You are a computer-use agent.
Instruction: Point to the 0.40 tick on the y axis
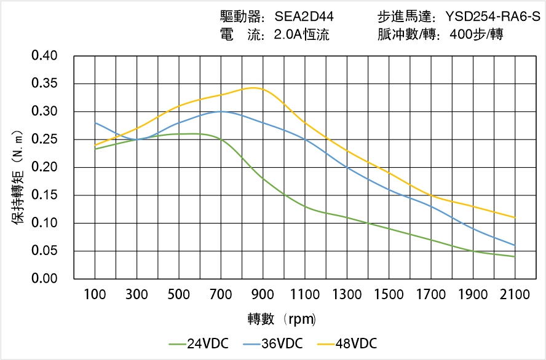44,56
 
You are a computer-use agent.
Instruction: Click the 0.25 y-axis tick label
44,139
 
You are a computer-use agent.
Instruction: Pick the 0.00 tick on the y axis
44,279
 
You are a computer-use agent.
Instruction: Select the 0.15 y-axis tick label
44,195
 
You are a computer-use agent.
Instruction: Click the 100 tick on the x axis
95,295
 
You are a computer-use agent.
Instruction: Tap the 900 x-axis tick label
263,295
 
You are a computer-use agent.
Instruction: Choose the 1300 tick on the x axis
347,295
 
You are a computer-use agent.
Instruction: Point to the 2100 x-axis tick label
515,295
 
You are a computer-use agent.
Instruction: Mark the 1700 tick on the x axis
430,295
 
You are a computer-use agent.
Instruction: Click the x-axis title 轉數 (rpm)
282,319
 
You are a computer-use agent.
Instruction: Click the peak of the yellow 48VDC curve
254,87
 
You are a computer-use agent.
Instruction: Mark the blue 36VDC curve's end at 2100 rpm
515,245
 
